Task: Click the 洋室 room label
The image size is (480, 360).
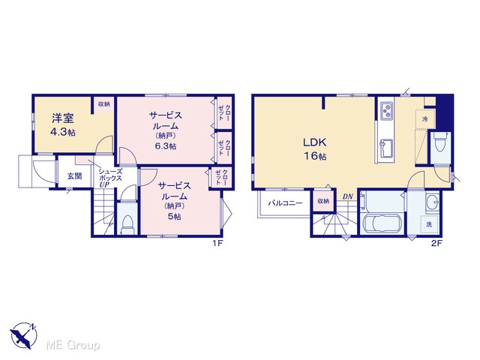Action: click(x=63, y=118)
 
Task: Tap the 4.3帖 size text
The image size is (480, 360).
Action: click(x=63, y=132)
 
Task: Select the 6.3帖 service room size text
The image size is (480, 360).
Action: click(x=165, y=146)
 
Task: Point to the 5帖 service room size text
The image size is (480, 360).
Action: click(x=174, y=217)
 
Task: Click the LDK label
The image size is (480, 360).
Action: click(x=315, y=142)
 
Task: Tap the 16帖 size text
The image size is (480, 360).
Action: click(x=315, y=157)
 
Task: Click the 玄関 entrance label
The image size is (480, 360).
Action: click(x=75, y=176)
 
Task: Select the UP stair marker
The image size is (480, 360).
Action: click(x=104, y=184)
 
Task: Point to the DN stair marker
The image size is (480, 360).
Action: click(x=347, y=196)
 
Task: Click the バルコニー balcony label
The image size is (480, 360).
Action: click(x=285, y=203)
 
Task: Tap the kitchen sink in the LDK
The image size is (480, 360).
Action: click(x=385, y=148)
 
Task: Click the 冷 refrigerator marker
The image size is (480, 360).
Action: click(x=425, y=119)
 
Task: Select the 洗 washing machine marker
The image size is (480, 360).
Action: click(x=429, y=224)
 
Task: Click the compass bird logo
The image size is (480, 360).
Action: click(x=23, y=335)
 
